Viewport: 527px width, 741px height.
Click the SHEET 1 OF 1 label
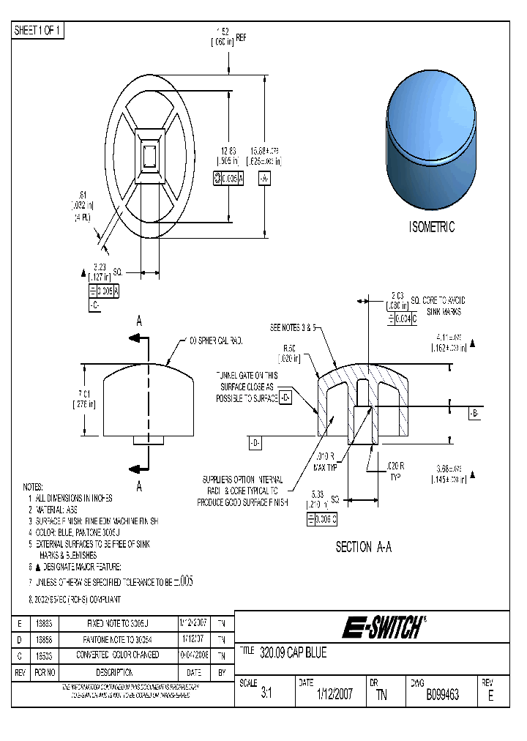(39, 31)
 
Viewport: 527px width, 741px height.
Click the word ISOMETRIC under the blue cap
(432, 227)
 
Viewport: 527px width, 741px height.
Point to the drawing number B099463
(442, 695)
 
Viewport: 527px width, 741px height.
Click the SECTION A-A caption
(363, 547)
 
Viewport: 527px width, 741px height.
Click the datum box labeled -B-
(474, 414)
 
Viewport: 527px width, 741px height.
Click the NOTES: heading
(33, 487)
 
